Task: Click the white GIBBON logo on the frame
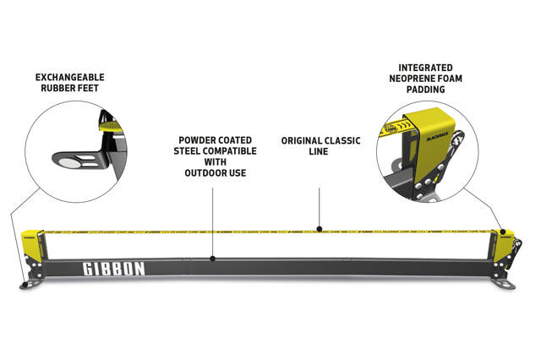(x=113, y=269)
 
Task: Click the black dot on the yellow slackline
(x=318, y=228)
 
